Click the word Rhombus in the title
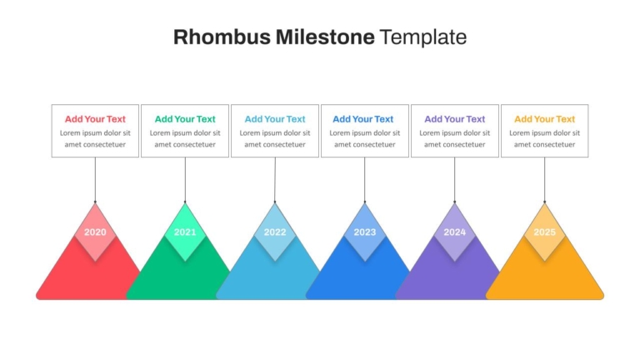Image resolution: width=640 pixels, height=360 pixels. [x=222, y=37]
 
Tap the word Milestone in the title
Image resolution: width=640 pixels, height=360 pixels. [x=325, y=37]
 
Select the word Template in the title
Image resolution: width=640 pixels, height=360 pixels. [x=422, y=37]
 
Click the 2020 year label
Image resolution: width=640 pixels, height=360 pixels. [x=95, y=232]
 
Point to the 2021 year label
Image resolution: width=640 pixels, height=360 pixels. [x=185, y=232]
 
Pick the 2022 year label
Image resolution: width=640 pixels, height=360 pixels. [x=275, y=232]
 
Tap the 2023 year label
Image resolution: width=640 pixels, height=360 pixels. [x=364, y=232]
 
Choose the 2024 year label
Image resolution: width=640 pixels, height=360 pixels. [x=455, y=232]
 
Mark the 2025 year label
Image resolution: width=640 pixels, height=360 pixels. [x=544, y=232]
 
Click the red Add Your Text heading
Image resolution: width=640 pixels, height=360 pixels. [x=95, y=119]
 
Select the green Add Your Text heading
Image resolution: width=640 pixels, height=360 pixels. [x=185, y=119]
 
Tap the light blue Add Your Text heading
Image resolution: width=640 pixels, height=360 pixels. [x=275, y=119]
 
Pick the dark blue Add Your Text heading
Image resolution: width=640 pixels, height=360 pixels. [x=362, y=119]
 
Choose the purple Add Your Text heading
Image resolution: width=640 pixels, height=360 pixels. [x=455, y=119]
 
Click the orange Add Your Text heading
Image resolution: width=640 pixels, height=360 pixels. [x=544, y=119]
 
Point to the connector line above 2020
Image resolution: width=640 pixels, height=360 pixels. [x=95, y=180]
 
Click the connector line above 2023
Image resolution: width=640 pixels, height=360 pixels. [x=364, y=180]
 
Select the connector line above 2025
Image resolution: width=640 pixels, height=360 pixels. [x=544, y=180]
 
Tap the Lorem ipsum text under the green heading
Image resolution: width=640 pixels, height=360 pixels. [x=185, y=139]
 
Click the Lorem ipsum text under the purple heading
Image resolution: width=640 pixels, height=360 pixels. [x=455, y=139]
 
